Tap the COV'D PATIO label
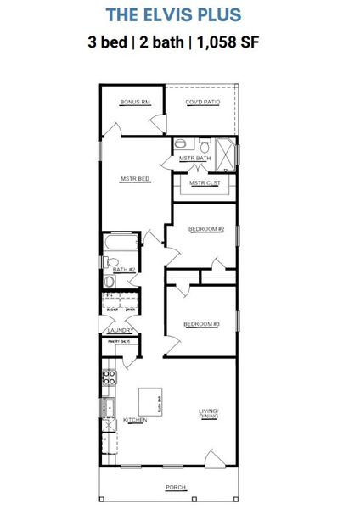[203, 103]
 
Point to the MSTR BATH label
[194, 159]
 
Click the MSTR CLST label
[204, 182]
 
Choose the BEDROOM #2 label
[205, 229]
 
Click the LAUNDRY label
[120, 330]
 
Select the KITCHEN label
[136, 421]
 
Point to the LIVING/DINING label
[208, 414]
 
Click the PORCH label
[177, 488]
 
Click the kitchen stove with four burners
[109, 379]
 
